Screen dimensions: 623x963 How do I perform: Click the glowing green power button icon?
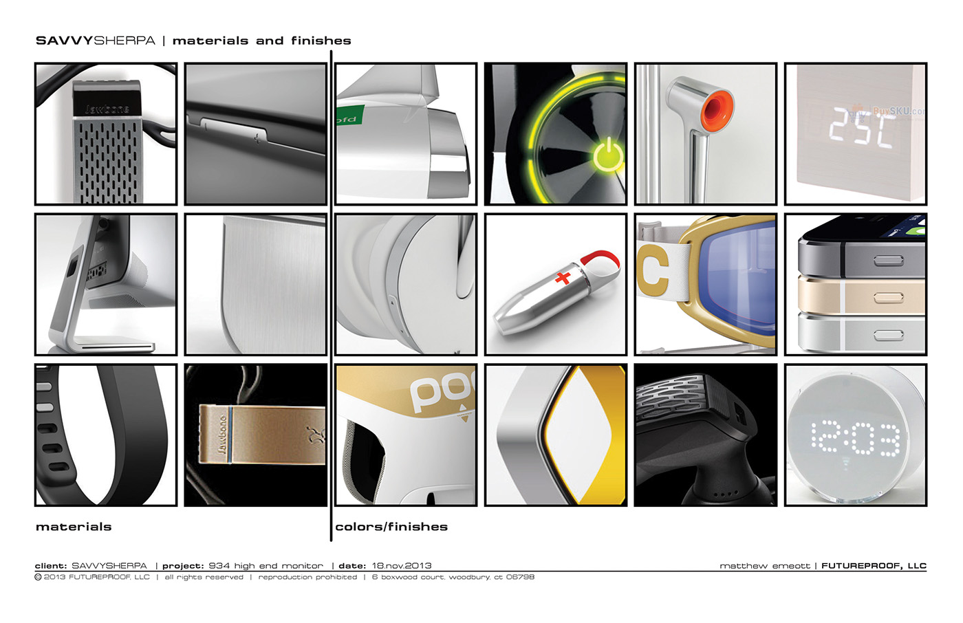coord(608,155)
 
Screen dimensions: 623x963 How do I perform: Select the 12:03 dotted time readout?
coord(855,437)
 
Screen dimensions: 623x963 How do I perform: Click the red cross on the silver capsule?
coord(563,277)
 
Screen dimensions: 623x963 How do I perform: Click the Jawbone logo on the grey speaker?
coord(107,107)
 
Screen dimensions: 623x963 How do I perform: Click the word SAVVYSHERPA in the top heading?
coord(96,41)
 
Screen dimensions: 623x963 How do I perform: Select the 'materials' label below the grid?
coord(74,527)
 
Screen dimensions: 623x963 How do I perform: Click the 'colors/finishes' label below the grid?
coord(391,527)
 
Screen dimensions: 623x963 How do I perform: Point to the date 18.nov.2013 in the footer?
coord(402,566)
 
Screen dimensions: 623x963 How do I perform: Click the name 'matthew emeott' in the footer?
coord(764,566)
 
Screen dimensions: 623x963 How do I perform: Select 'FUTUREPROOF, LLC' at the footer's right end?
coord(874,566)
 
